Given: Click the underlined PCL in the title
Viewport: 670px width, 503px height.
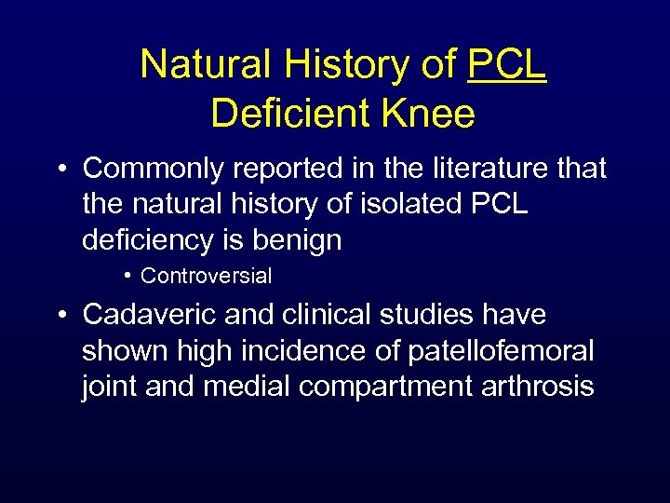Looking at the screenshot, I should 507,64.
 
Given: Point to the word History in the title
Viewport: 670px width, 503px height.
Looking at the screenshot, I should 349,64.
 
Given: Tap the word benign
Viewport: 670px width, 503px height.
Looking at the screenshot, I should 298,239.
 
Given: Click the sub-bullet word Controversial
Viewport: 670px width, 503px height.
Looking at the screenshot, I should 206,276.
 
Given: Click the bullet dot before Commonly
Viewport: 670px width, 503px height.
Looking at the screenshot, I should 62,170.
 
